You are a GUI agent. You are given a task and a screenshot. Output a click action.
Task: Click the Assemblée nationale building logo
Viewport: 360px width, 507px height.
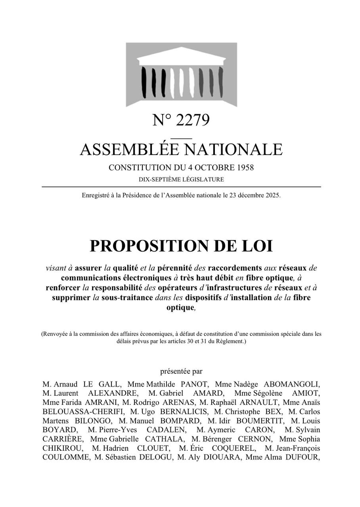181,74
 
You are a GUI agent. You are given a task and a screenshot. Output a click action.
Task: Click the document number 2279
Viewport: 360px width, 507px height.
192,120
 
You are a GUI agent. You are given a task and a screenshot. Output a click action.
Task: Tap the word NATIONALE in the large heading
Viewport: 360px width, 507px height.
234,149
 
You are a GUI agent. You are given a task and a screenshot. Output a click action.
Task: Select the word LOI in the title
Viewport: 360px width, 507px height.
257,246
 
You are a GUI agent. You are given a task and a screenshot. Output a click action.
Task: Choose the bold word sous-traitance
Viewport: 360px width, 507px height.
127,297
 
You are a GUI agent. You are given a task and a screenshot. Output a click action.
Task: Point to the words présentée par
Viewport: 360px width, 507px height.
181,371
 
